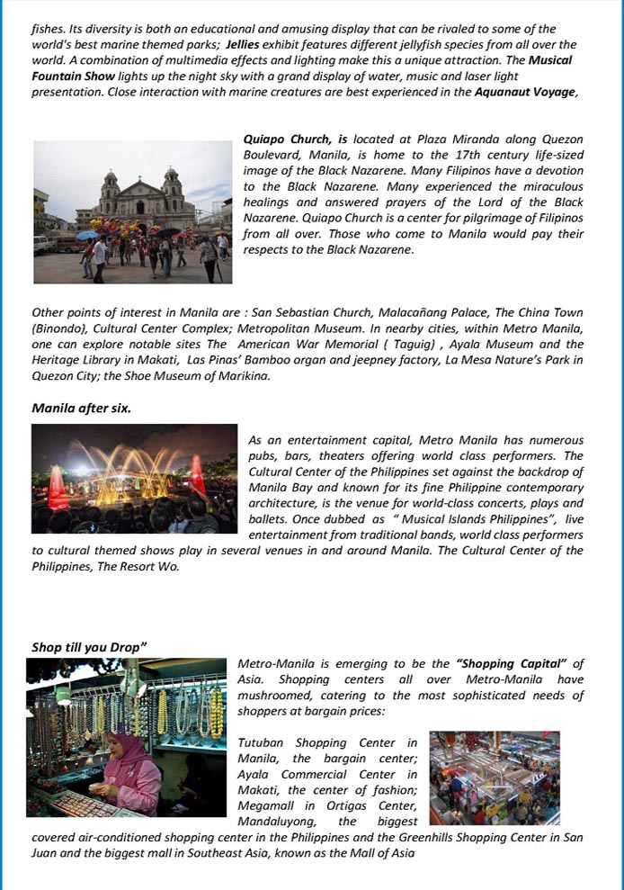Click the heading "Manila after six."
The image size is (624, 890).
click(x=81, y=408)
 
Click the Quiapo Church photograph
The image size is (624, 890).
click(x=132, y=211)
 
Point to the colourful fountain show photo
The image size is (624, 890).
click(x=134, y=479)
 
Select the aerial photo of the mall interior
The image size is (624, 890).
click(x=494, y=778)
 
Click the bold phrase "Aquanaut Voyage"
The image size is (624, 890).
click(x=525, y=92)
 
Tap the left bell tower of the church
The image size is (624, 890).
click(x=110, y=186)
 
